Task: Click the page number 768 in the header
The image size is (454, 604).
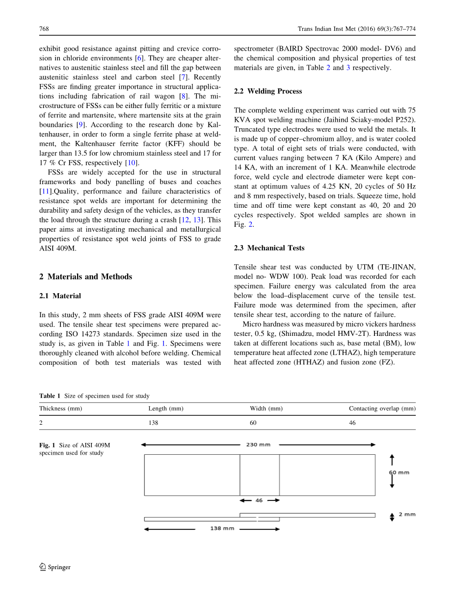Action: [x=44, y=29]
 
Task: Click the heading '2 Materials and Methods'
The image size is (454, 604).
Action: [x=85, y=276]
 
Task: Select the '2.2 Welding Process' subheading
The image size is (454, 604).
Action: [x=268, y=91]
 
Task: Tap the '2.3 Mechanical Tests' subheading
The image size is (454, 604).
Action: [x=269, y=248]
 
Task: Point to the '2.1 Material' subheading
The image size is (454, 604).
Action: [x=60, y=296]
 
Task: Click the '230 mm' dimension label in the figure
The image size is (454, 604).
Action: [x=258, y=445]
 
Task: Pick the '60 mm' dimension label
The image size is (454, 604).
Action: [x=399, y=472]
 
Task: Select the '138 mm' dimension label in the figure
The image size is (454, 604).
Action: [x=222, y=529]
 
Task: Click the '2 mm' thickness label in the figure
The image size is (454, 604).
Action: [x=407, y=515]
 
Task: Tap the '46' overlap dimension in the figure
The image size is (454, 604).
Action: [x=259, y=500]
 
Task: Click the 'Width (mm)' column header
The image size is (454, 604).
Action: [x=266, y=409]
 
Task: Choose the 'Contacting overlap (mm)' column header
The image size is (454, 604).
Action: [x=382, y=409]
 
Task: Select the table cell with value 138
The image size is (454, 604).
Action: [x=153, y=423]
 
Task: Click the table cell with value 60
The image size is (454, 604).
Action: [x=253, y=423]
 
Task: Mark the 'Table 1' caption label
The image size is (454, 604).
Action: [x=50, y=396]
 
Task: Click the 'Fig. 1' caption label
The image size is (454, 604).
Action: [x=48, y=445]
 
